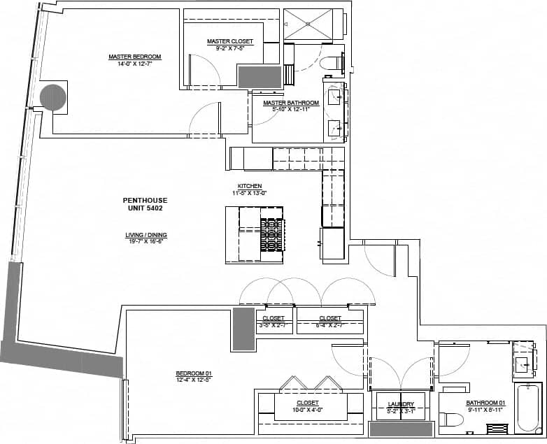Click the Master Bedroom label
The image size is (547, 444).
click(135, 57)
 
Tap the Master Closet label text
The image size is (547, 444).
click(230, 41)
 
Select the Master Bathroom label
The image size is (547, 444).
click(291, 103)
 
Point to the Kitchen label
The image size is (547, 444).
click(249, 186)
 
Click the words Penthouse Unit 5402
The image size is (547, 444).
click(145, 204)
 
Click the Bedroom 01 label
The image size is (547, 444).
click(194, 375)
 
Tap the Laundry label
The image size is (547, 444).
click(402, 403)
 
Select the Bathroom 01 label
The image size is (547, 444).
click(485, 403)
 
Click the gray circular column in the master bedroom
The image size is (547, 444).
click(53, 97)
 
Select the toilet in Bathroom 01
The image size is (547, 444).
click(451, 420)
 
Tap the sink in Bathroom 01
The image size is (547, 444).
click(523, 363)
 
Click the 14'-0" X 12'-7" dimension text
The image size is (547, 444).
click(135, 63)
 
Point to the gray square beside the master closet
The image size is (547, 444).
click(260, 76)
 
